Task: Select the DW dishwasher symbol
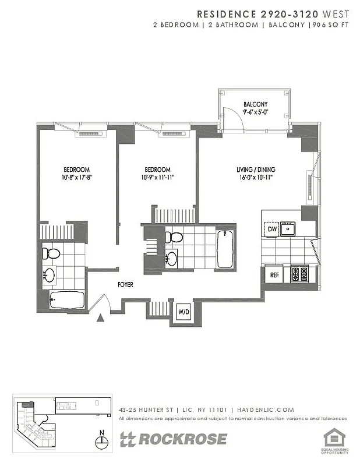[x=272, y=230]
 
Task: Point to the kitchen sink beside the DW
[x=288, y=229]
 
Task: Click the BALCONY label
[x=255, y=105]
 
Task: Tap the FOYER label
[x=125, y=285]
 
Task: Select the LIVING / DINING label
[x=256, y=170]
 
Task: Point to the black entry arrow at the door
[x=101, y=318]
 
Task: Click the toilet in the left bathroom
[x=51, y=254]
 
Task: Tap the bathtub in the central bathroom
[x=224, y=249]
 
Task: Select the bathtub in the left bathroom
[x=67, y=301]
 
